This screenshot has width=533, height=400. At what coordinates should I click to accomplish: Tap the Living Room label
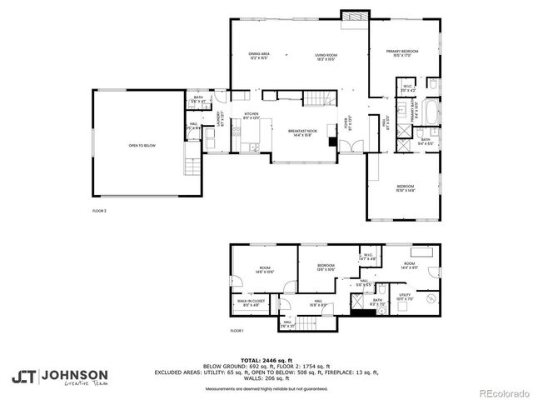pos(325,56)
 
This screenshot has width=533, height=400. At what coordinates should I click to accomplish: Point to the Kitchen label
pos(251,115)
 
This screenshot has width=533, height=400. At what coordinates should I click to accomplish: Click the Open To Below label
pos(142,146)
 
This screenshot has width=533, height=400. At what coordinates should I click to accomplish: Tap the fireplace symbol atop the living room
pos(352,16)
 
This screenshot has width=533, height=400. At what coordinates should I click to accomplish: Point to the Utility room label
pos(406,296)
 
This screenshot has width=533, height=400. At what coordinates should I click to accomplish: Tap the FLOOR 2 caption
pos(99,211)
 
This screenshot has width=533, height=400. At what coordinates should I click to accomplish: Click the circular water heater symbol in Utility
pos(431,298)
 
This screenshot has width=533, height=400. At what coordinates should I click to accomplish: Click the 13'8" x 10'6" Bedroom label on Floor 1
pos(325,267)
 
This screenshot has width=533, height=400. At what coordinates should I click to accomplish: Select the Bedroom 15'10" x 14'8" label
pos(406,187)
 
